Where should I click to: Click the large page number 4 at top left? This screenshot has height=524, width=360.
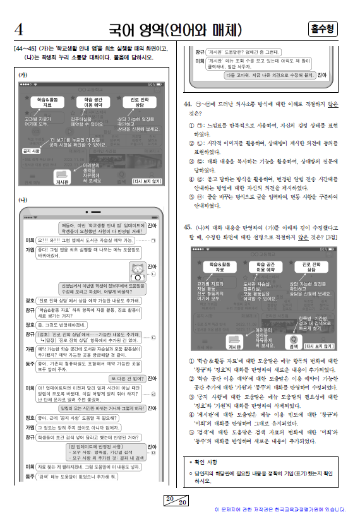[x=18, y=30]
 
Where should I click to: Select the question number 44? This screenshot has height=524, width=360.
[x=188, y=104]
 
